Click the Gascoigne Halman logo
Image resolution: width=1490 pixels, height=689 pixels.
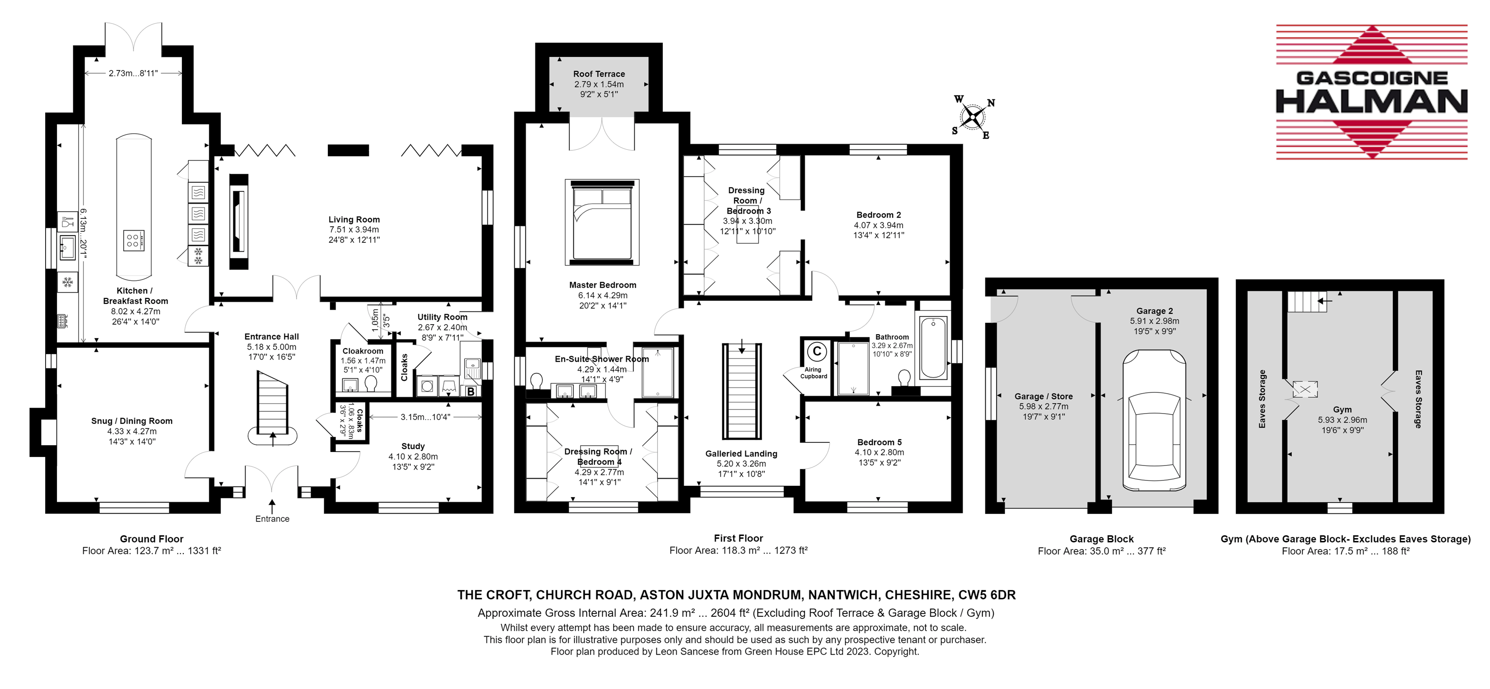1371,93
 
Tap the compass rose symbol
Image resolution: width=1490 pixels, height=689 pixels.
973,117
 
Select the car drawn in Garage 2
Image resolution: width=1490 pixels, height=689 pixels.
1154,420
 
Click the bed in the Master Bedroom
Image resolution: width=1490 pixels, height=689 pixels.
601,222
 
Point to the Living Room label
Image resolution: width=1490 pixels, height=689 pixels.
354,220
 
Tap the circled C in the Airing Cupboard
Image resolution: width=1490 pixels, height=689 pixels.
817,351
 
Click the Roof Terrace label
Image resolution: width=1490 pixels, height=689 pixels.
599,74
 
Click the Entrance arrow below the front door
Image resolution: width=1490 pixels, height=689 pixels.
272,505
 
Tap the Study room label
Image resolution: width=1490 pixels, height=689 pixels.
413,446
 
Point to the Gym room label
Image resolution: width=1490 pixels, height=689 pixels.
1342,410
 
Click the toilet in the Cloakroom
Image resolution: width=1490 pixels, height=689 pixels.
371,383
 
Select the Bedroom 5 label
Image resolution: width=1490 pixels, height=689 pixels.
879,442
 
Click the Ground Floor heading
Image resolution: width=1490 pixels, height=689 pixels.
152,539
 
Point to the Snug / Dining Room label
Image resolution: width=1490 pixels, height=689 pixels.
132,421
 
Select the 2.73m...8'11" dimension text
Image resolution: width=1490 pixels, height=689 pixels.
133,74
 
